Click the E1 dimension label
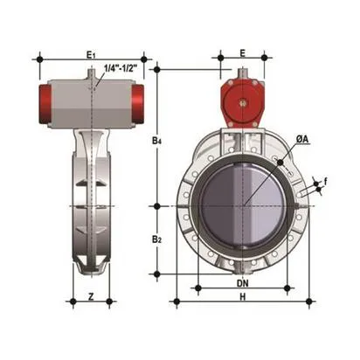click(92, 53)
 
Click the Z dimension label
click(92, 295)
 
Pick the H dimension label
click(243, 296)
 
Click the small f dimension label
click(326, 182)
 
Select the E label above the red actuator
click(242, 53)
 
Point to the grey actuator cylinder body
click(92, 102)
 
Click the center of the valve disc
click(243, 206)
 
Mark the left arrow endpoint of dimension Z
click(74, 301)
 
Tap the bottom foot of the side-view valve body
click(92, 262)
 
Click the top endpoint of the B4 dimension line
click(157, 67)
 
